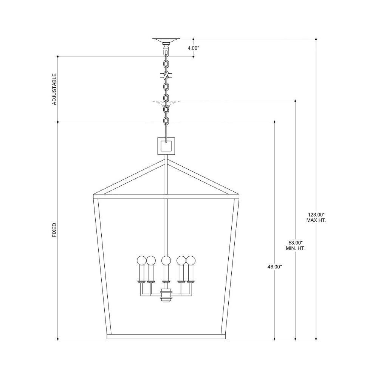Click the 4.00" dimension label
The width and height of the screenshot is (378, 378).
coord(193,48)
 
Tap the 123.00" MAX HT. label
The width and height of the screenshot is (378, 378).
coord(316,217)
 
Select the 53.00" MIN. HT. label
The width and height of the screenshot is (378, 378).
coord(296,245)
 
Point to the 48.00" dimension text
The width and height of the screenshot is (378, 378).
coord(274,267)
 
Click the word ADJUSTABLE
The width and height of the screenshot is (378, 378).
coord(54,89)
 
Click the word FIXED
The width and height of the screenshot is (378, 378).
coord(54,230)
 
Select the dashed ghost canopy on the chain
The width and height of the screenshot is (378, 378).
coord(166,103)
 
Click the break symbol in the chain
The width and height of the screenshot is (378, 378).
coord(166,75)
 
